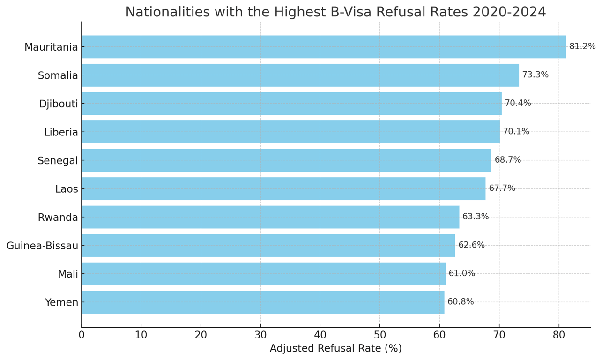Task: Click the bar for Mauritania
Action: coord(323,47)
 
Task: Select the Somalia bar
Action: coord(300,75)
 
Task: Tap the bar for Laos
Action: coord(283,188)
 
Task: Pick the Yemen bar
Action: coord(262,302)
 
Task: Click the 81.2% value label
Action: coord(582,46)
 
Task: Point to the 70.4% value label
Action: coord(518,103)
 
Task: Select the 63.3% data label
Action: coord(476,217)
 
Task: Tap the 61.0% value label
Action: coord(461,273)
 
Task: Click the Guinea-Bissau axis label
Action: coord(42,246)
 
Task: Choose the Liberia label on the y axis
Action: coord(61,132)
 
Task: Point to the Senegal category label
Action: coord(58,161)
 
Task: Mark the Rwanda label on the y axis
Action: coord(58,217)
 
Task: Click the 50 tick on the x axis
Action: coord(379,335)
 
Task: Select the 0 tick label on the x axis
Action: coord(82,335)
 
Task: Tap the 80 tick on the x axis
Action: coord(558,335)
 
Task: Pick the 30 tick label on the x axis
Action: coord(260,335)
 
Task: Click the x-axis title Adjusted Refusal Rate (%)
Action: coord(335,349)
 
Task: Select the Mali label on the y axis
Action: coord(68,274)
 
